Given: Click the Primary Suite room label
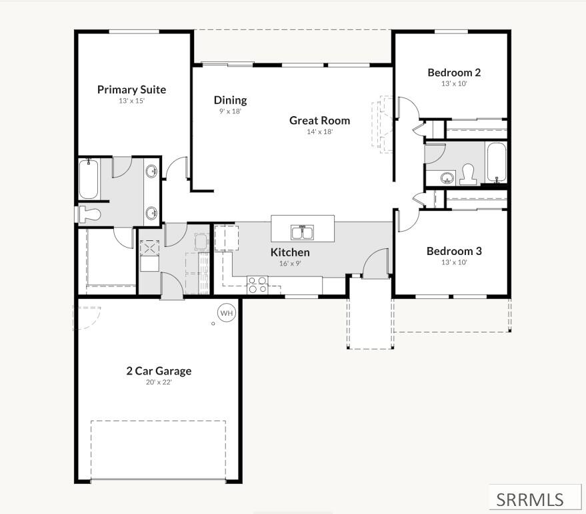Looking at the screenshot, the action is tap(131, 89).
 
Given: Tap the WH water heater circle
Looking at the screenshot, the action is tap(227, 313).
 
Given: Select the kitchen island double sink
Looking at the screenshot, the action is tap(303, 232).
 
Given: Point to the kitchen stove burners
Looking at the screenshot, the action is tap(258, 284).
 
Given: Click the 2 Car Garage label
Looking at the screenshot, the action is tap(159, 370).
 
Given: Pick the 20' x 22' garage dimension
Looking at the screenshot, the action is tap(159, 382).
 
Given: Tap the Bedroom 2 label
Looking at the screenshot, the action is tap(454, 72).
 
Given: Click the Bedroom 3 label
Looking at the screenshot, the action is tap(454, 251).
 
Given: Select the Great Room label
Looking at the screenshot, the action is tap(319, 120).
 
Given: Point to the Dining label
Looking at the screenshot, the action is tap(230, 100).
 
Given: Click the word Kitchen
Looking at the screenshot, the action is tap(290, 252).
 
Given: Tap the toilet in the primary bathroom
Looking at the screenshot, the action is tap(90, 215).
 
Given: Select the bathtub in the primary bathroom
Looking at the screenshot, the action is tap(89, 179).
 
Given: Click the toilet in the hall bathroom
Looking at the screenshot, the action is tap(469, 174).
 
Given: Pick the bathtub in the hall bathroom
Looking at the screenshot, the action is tap(496, 162).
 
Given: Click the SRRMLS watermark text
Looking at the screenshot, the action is tap(529, 500).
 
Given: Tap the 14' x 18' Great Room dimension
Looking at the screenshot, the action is tap(319, 132).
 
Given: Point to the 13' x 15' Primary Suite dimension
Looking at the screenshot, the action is tap(131, 101).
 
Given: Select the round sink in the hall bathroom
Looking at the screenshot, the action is tap(447, 178).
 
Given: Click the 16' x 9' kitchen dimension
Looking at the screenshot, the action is tap(290, 264).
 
